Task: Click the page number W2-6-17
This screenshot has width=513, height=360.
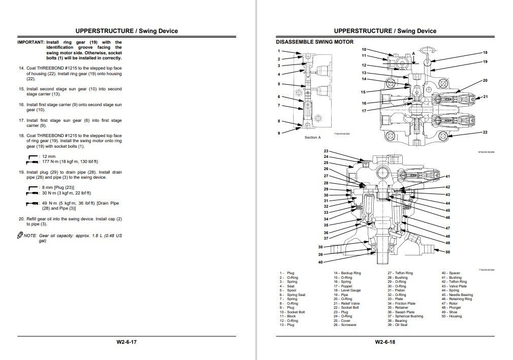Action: [126, 342]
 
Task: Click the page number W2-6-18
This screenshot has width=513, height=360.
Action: [385, 342]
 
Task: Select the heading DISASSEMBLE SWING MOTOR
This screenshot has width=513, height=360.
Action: [314, 42]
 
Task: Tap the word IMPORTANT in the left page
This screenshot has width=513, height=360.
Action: [30, 42]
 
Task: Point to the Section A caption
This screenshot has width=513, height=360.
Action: [312, 138]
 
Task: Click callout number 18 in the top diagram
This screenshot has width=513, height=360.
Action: [485, 52]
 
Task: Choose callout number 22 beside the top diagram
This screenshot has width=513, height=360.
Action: [485, 132]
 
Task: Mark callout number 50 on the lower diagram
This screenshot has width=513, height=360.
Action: [447, 252]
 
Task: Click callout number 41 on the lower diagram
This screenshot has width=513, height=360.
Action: [447, 176]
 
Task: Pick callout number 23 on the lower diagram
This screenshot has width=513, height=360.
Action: [326, 151]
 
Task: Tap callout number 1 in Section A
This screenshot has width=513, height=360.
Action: [278, 51]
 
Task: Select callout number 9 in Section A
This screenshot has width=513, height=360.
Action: [278, 133]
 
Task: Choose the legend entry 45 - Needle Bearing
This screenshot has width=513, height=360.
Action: [457, 294]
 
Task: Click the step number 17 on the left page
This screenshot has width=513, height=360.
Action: [21, 120]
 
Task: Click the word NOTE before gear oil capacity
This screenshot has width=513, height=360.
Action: [30, 236]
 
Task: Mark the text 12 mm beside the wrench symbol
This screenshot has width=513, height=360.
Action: [49, 156]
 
